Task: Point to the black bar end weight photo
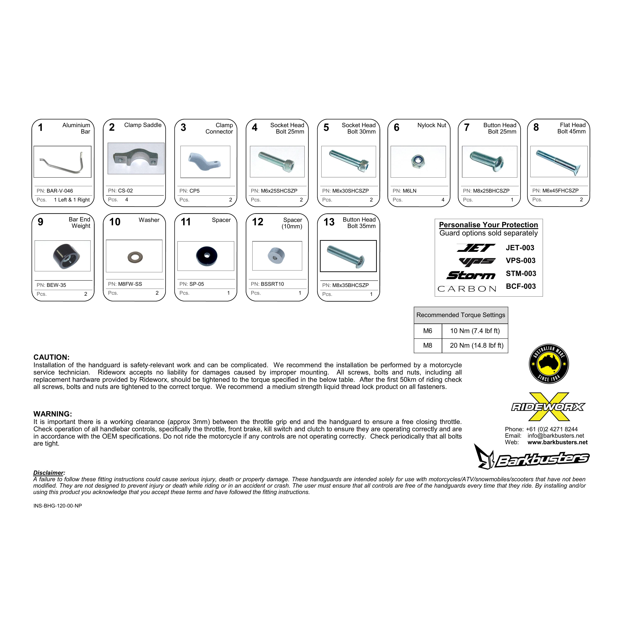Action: [x=66, y=256]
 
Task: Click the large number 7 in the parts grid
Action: [x=466, y=128]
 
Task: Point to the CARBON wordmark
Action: [x=467, y=289]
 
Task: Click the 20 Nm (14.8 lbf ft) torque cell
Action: [x=476, y=346]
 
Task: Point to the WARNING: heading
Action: [x=53, y=414]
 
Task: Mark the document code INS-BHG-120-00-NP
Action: [x=57, y=506]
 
